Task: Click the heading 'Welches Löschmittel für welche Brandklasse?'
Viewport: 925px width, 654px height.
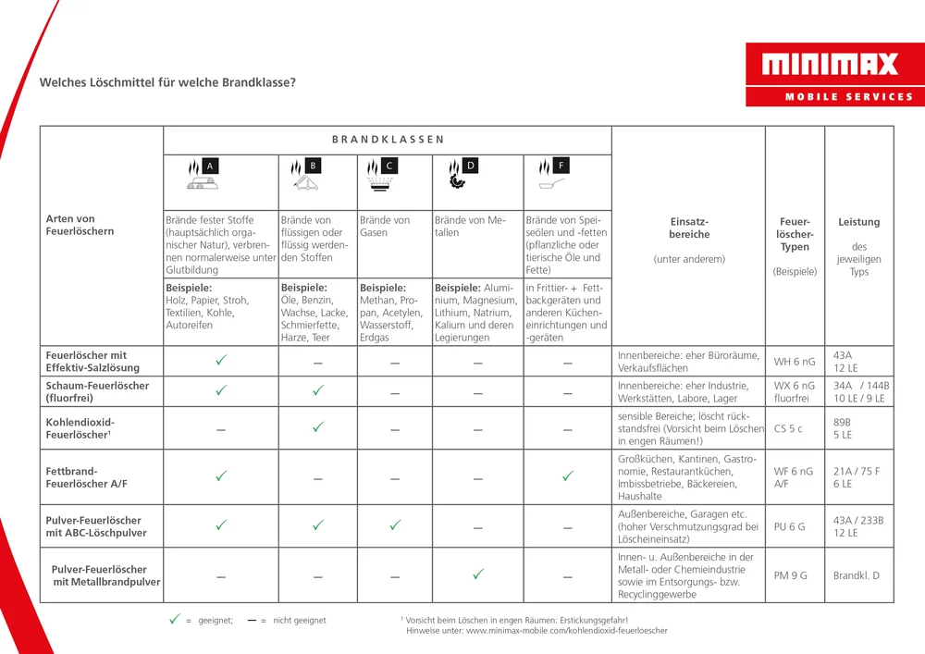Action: [x=167, y=82]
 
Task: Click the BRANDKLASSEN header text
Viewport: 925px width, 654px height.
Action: [x=388, y=140]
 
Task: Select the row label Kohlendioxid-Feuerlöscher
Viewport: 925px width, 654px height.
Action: [x=80, y=428]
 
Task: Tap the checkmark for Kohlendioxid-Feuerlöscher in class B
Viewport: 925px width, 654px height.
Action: [x=317, y=427]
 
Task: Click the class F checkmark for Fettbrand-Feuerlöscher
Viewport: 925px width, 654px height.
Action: [x=567, y=475]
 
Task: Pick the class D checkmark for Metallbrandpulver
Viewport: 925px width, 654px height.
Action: [x=477, y=574]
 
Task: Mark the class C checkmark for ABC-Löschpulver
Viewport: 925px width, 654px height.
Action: [x=394, y=524]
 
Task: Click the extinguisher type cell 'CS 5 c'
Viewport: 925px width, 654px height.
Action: [x=788, y=428]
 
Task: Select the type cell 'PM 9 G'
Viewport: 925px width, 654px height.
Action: [x=790, y=575]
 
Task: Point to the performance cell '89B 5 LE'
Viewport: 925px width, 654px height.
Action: [x=843, y=428]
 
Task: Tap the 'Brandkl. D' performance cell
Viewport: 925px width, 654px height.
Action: [x=856, y=575]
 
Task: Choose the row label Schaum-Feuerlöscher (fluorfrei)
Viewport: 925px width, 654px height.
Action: [x=97, y=391]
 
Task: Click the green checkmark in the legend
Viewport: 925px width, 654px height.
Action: [x=173, y=620]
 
